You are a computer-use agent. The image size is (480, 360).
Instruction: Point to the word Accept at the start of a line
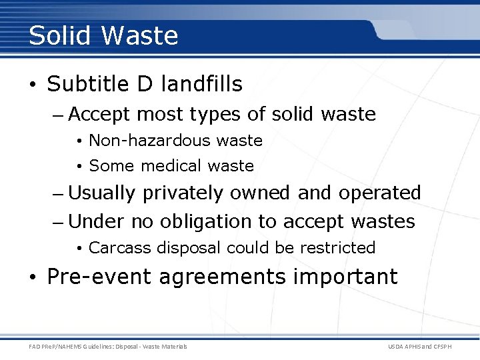point(99,115)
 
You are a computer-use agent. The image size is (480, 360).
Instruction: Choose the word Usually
point(102,193)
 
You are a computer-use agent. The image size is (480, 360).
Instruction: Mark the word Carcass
point(119,248)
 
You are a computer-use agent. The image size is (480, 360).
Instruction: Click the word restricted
point(338,248)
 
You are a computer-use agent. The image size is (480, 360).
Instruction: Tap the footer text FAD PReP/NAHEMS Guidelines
point(74,346)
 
